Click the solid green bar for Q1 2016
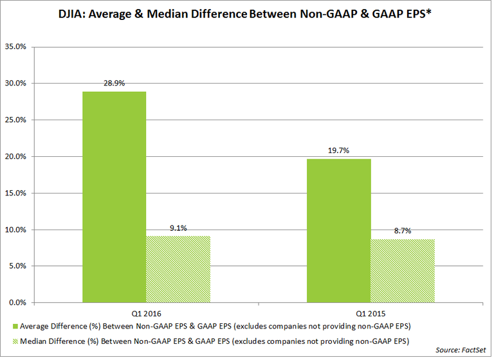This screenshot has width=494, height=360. coord(114,197)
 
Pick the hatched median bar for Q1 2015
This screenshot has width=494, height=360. coord(403,271)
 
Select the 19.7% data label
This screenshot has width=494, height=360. coord(339,151)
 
